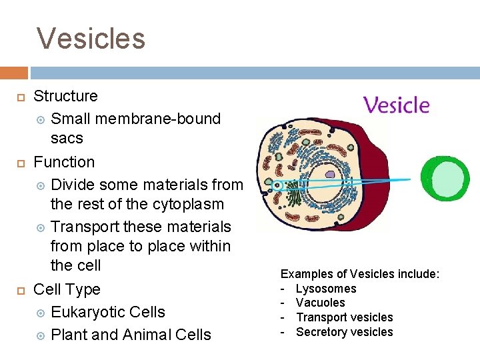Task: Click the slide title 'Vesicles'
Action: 91,38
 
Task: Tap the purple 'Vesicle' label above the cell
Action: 396,105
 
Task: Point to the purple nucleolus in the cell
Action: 331,173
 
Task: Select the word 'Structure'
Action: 65,96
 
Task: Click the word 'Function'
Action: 64,162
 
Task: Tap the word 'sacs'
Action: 67,138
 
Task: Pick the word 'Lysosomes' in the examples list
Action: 326,289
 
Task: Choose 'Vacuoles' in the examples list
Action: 321,303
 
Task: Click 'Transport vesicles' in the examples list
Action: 345,317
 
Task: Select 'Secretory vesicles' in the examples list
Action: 345,332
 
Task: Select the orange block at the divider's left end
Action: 13,72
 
